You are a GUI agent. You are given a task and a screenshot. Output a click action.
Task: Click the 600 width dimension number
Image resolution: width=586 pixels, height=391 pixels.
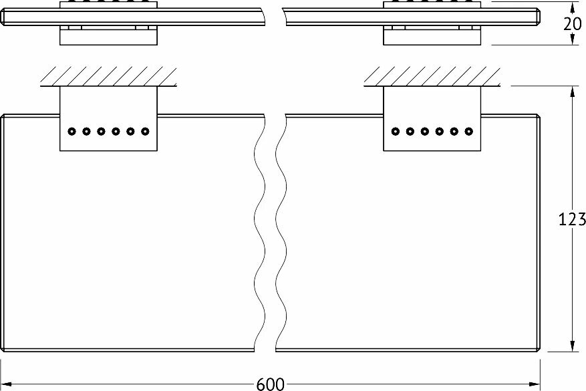271,384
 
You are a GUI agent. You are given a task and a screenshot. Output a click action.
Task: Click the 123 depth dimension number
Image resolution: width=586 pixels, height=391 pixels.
572,219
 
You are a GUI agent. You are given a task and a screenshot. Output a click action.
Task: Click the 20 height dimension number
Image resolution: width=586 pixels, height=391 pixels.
573,24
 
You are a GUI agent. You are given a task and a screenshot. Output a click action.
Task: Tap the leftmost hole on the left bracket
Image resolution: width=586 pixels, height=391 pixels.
71,131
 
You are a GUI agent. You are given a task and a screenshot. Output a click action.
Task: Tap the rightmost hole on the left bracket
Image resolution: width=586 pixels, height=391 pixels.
145,131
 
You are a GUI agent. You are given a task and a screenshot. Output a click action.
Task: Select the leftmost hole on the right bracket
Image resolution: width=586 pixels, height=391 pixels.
395,131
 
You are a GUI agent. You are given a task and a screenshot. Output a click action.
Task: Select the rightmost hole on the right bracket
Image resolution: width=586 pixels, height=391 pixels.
468,131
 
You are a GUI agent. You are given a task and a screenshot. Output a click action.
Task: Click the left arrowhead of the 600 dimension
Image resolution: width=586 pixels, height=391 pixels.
7,384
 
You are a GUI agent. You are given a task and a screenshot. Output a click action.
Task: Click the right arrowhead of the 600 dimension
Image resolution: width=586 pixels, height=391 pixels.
535,384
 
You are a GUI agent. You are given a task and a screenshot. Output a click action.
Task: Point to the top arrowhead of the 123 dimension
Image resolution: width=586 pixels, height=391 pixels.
572,92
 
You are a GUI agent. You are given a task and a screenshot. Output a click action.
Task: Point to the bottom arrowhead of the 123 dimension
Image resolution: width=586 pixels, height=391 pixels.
572,346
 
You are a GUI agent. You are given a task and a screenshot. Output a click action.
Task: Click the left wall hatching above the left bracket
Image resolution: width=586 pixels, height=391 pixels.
108,76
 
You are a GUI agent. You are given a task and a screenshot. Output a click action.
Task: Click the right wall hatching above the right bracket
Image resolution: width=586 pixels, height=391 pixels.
432,76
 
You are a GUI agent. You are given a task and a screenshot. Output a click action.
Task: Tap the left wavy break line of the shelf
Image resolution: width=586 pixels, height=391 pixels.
259,232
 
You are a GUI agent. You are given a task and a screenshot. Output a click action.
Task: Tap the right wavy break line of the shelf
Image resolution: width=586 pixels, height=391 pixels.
281,232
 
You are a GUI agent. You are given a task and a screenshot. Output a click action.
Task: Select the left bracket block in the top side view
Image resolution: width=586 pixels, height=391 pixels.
108,35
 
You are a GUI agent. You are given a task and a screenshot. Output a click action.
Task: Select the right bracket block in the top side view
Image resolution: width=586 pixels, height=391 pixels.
432,35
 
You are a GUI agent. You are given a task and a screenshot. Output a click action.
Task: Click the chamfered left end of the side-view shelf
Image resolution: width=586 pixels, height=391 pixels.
3,17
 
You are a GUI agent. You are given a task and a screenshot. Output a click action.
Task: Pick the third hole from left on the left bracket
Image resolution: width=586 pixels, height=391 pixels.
101,131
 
